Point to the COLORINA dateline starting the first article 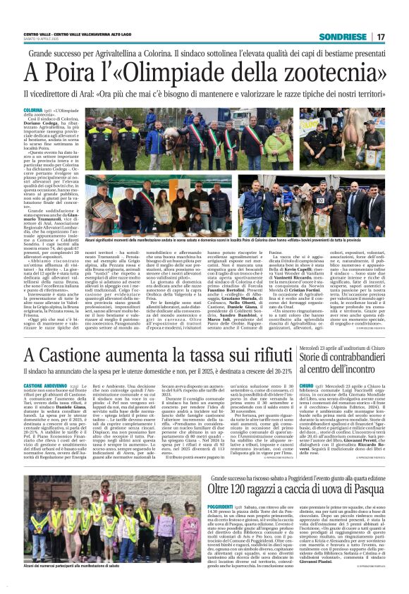[x=33, y=110]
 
